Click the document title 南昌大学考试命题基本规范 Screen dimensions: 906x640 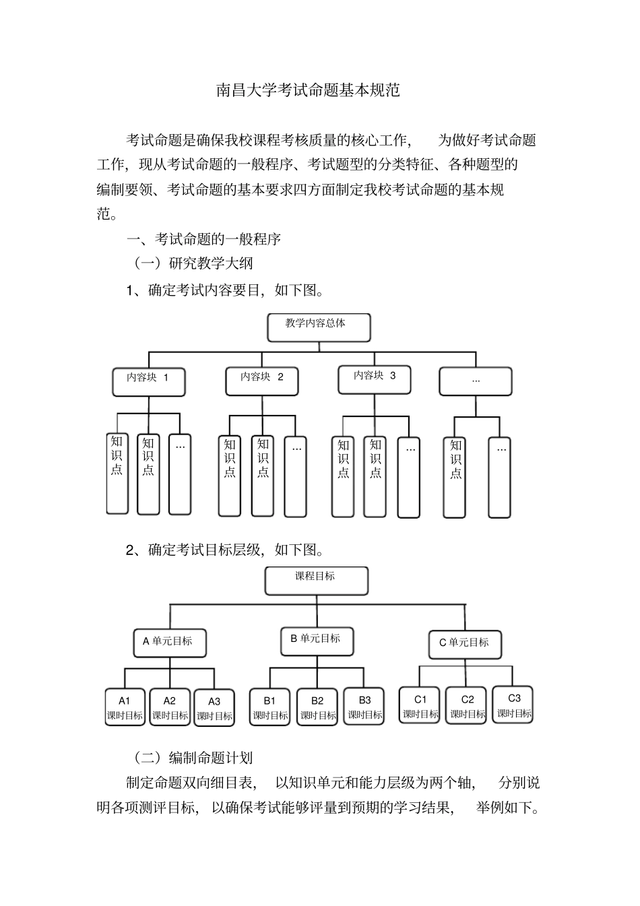[x=308, y=90]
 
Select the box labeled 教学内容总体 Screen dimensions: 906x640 [x=318, y=327]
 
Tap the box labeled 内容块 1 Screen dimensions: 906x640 [x=148, y=381]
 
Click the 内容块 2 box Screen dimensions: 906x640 [x=262, y=381]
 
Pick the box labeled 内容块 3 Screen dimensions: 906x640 [x=375, y=379]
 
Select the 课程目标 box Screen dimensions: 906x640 [x=316, y=580]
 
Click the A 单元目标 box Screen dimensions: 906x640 [x=169, y=643]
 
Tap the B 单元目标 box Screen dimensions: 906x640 [x=317, y=641]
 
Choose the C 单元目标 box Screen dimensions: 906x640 [x=465, y=644]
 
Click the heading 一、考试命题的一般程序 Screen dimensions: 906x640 [x=204, y=238]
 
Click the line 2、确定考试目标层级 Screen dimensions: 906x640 [x=225, y=550]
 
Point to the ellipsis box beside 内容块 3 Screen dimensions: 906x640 [x=476, y=381]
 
